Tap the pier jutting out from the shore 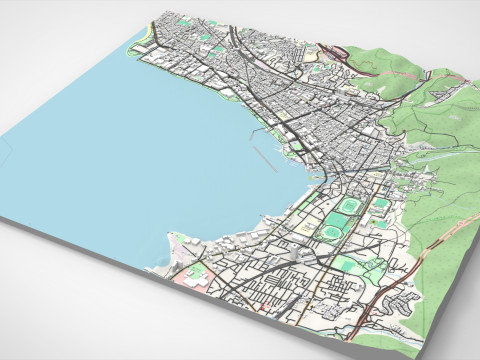(x=253, y=131)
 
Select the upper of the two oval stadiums (x=350, y=207)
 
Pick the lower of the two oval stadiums (x=329, y=232)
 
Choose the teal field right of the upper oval (x=381, y=205)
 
